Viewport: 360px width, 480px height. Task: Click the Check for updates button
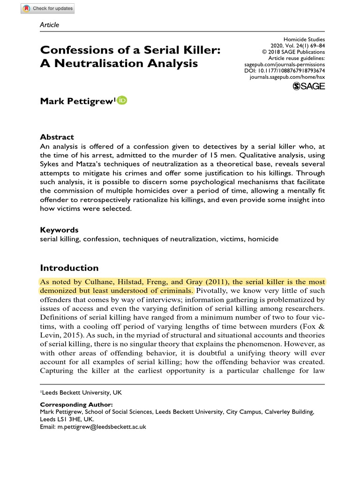47,8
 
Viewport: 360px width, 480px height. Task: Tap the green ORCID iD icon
122,100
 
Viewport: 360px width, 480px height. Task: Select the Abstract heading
57,137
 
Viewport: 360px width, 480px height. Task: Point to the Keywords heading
59,230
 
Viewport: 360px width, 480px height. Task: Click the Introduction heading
69,268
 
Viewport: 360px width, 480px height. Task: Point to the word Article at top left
50,24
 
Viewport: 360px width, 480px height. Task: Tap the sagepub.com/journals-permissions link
285,64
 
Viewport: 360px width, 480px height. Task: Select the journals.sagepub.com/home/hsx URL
287,76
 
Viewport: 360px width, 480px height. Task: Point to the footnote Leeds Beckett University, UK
80,392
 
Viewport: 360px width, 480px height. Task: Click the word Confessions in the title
78,49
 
